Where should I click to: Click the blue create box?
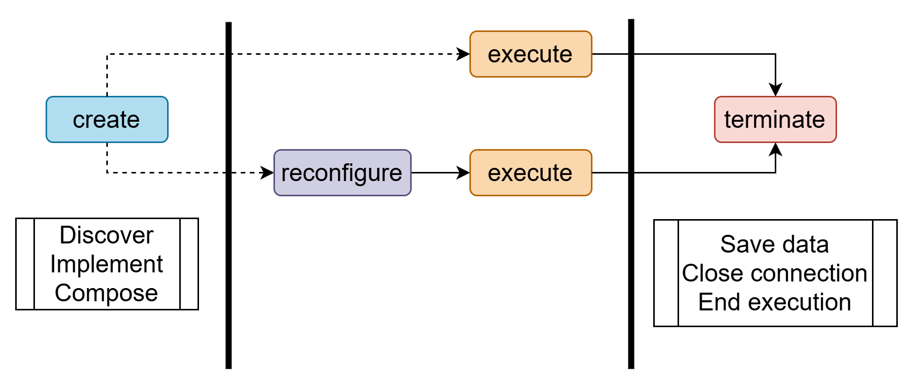click(x=107, y=120)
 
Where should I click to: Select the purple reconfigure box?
click(x=342, y=173)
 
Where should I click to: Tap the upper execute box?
click(x=531, y=54)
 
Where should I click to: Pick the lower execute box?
click(x=531, y=173)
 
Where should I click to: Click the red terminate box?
click(x=775, y=120)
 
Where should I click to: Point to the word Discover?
click(x=106, y=235)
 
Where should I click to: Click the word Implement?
click(x=106, y=264)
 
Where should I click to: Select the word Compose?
click(x=106, y=293)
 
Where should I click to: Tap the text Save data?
click(x=775, y=244)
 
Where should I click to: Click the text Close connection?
click(x=775, y=273)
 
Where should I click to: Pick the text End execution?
click(x=775, y=302)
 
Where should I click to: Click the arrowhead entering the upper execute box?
click(x=464, y=54)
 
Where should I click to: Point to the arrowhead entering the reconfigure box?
click(x=268, y=173)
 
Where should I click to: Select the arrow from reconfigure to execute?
click(x=440, y=173)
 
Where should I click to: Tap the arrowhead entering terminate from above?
click(x=775, y=90)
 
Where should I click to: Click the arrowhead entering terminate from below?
click(x=775, y=150)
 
